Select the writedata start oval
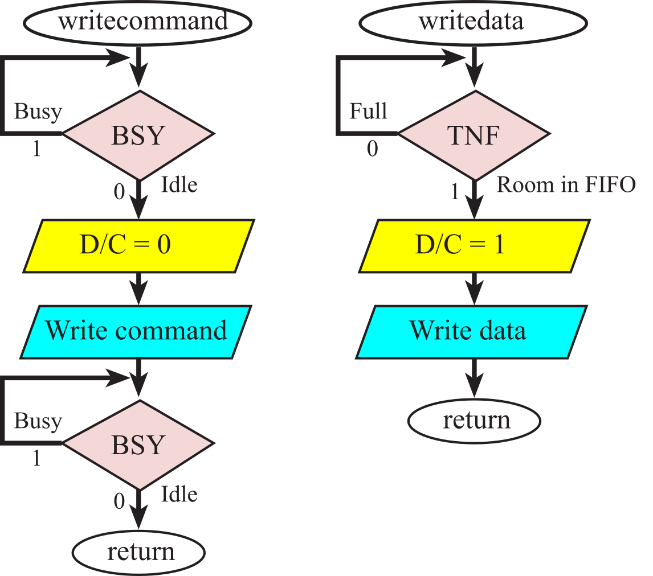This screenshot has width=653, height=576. click(x=473, y=22)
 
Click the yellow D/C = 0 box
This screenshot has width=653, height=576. click(x=137, y=245)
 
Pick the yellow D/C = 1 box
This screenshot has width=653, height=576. click(x=473, y=245)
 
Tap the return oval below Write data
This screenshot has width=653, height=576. click(x=474, y=421)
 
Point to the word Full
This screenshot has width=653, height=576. click(x=368, y=111)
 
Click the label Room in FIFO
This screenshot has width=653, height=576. click(x=566, y=185)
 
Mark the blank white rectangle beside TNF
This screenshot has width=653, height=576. click(x=617, y=134)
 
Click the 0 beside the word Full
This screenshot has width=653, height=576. click(x=372, y=149)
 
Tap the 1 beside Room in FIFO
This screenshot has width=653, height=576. click(x=454, y=193)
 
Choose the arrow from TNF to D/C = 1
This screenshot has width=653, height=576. click(x=474, y=199)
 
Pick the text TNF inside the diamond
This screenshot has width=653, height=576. click(x=474, y=135)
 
